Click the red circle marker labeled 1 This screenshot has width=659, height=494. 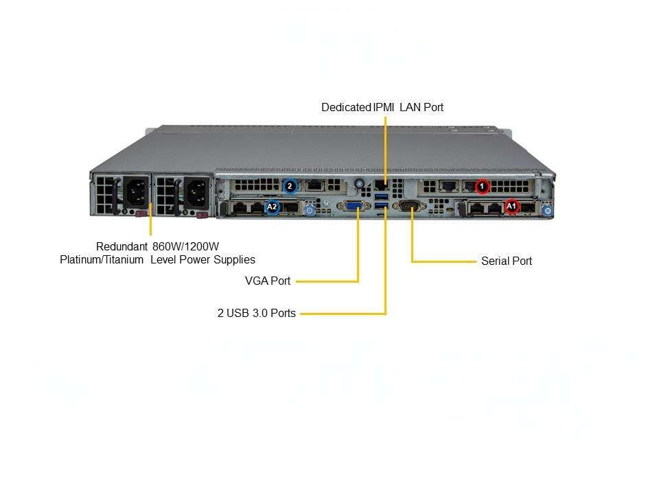(x=482, y=186)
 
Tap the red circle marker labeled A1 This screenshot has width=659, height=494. (x=511, y=207)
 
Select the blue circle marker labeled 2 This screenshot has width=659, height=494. (x=290, y=186)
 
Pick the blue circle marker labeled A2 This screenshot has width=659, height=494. (x=273, y=207)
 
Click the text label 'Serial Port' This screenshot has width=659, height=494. (x=507, y=261)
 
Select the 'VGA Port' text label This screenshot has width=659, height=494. (x=268, y=281)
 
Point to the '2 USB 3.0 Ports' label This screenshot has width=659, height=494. (x=257, y=314)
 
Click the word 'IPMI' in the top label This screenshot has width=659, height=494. (x=384, y=108)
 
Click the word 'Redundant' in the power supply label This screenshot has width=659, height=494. (x=122, y=246)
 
